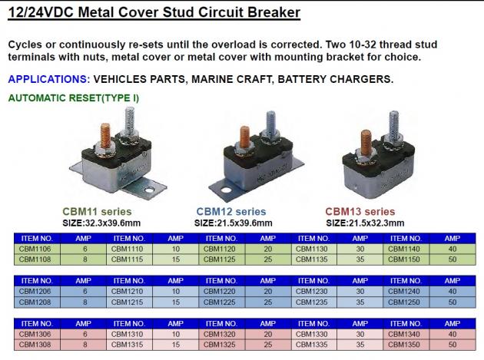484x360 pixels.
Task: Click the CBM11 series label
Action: [97, 212]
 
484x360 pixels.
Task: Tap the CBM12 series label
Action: [231, 212]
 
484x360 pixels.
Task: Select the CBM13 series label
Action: [360, 212]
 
